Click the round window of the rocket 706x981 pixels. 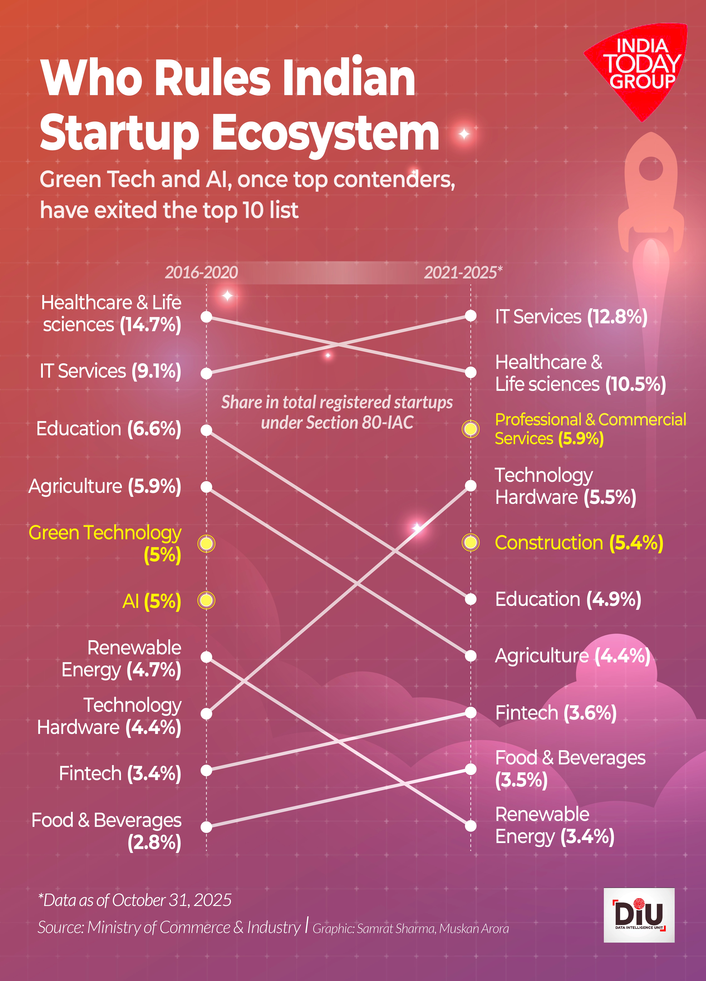coord(651,169)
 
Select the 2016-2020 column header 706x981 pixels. coord(201,272)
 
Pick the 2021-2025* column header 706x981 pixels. coord(463,272)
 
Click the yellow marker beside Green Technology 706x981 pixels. coord(206,543)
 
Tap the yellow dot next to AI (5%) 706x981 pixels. coord(206,600)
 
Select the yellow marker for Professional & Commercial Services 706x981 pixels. coord(471,429)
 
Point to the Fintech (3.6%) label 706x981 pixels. coord(556,713)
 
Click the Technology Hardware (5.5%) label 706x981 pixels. coord(565,486)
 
